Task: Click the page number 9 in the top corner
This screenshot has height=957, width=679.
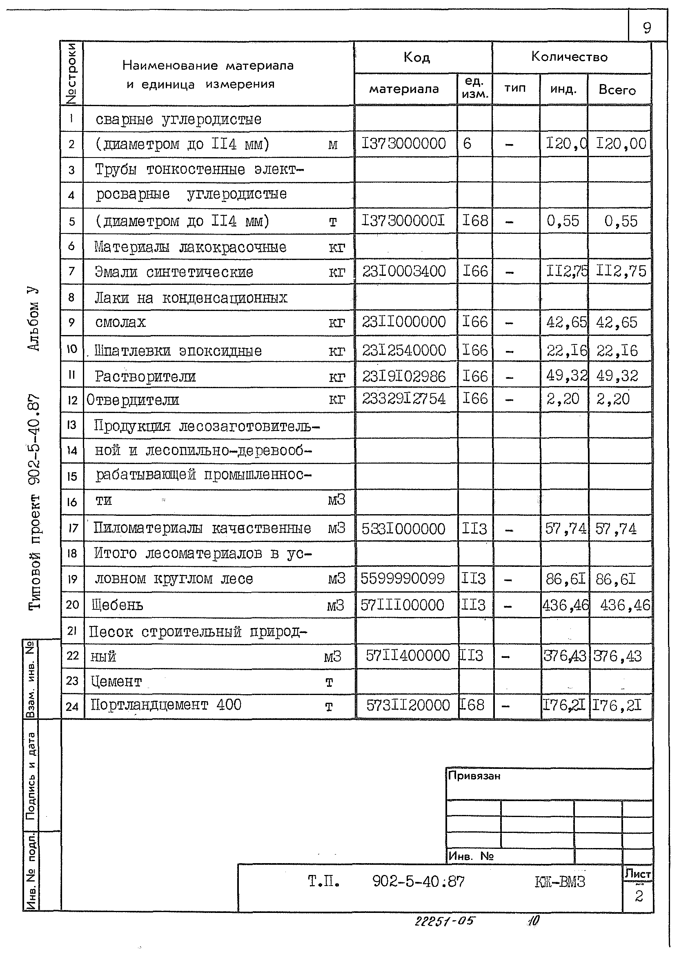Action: (x=647, y=28)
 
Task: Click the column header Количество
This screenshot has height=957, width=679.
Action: (x=569, y=57)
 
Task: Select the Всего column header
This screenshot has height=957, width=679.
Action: (x=617, y=90)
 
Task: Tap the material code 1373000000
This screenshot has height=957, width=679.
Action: (x=403, y=144)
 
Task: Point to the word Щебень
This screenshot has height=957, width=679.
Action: (x=118, y=605)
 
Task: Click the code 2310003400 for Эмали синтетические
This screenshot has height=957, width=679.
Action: (x=403, y=272)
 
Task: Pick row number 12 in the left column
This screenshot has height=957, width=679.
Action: (x=72, y=400)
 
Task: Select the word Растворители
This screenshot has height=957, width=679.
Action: (x=145, y=377)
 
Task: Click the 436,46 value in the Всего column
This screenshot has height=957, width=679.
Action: (x=625, y=605)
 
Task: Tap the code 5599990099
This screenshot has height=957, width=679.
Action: (x=403, y=579)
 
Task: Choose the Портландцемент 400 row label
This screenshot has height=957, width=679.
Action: (x=166, y=705)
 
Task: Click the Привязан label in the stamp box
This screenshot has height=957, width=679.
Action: (x=474, y=776)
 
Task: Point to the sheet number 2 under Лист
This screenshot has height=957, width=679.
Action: (x=639, y=897)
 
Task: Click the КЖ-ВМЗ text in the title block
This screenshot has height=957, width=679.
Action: (x=560, y=882)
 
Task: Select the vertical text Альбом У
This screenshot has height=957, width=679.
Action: (x=33, y=319)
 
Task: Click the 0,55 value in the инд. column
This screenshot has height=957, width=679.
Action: (x=563, y=221)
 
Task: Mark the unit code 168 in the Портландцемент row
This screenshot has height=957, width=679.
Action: (x=472, y=705)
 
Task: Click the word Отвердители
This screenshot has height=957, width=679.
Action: (x=133, y=400)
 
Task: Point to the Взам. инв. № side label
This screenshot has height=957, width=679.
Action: (x=30, y=679)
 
